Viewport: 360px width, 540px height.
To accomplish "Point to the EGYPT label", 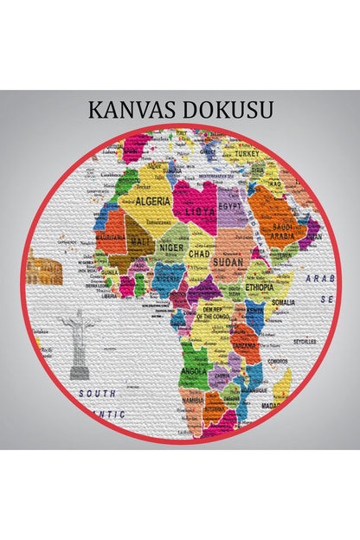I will pos(229,209).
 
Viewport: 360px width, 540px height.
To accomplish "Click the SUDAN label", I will pos(228,259).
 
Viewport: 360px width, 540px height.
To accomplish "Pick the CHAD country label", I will pos(199,254).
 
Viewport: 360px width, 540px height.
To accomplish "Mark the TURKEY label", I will pos(247,153).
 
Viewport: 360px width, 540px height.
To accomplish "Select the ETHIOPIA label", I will pos(260,286).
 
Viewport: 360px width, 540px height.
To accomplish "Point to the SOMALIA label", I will pos(283,302).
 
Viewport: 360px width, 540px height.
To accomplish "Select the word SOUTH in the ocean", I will pos(97,393).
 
